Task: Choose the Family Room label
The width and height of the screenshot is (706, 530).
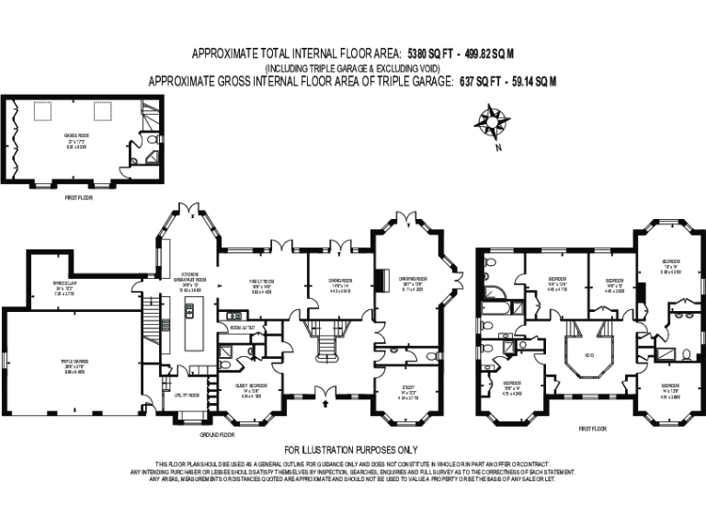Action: tap(264, 280)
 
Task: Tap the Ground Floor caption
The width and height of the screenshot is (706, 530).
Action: tap(217, 433)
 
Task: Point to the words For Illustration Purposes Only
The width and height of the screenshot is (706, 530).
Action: tap(352, 448)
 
